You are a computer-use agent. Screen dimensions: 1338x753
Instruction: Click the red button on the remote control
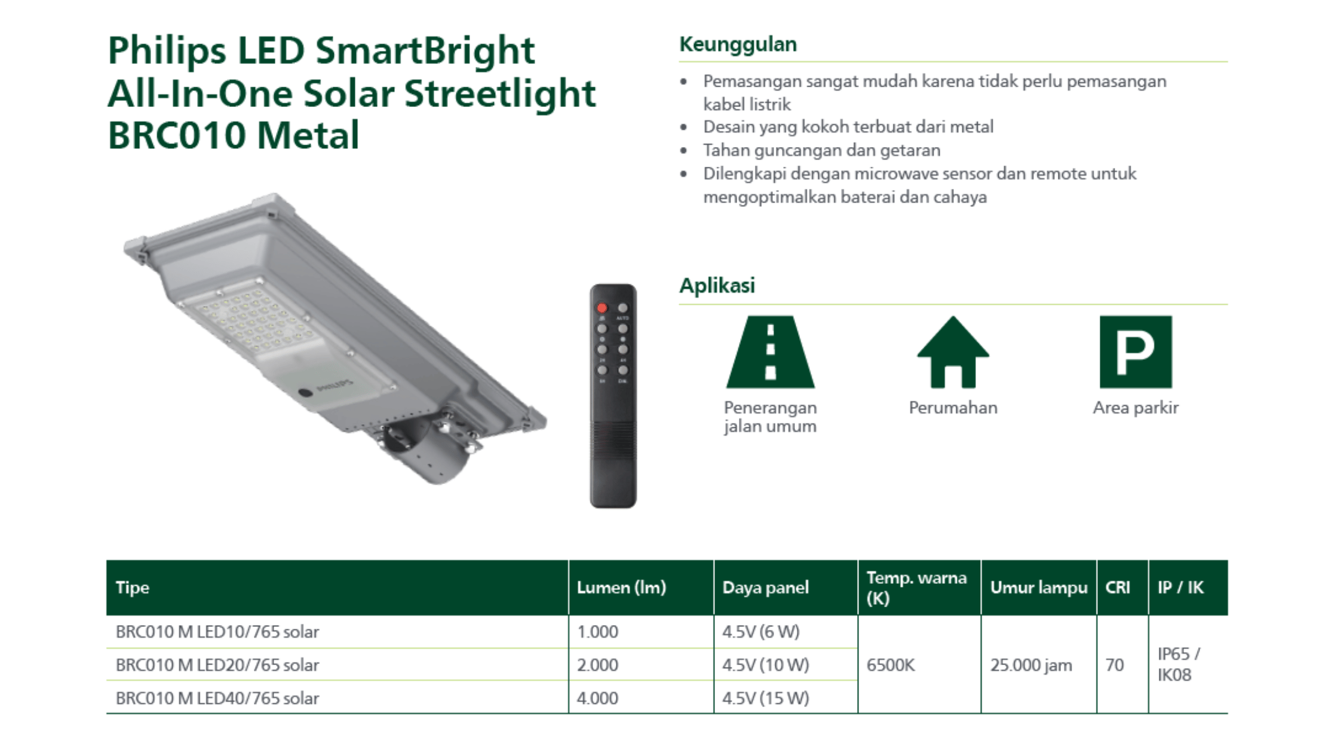(x=602, y=308)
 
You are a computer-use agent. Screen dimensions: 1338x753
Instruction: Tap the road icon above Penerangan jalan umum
(x=771, y=352)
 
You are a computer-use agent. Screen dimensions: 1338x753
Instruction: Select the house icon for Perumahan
(x=953, y=352)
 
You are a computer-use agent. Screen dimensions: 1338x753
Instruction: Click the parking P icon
(x=1136, y=352)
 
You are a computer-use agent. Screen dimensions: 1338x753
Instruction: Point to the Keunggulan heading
(x=738, y=44)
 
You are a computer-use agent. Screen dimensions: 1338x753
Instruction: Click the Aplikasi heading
(x=717, y=286)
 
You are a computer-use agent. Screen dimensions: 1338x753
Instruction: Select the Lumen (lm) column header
(x=621, y=587)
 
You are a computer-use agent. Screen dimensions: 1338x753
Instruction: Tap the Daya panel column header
(x=765, y=587)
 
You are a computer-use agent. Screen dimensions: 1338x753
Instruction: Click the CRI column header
(x=1117, y=587)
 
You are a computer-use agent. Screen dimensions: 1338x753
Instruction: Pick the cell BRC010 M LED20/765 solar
(x=217, y=665)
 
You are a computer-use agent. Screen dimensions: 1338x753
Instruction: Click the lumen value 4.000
(x=597, y=698)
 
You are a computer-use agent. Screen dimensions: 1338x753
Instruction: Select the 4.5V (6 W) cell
(x=760, y=632)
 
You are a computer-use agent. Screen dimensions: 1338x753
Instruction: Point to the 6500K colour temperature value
(x=891, y=665)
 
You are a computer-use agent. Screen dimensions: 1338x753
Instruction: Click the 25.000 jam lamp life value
(x=1031, y=665)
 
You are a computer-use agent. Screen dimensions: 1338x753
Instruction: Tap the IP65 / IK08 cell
(x=1179, y=664)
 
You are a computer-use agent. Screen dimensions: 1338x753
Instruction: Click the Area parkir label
(x=1136, y=408)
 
